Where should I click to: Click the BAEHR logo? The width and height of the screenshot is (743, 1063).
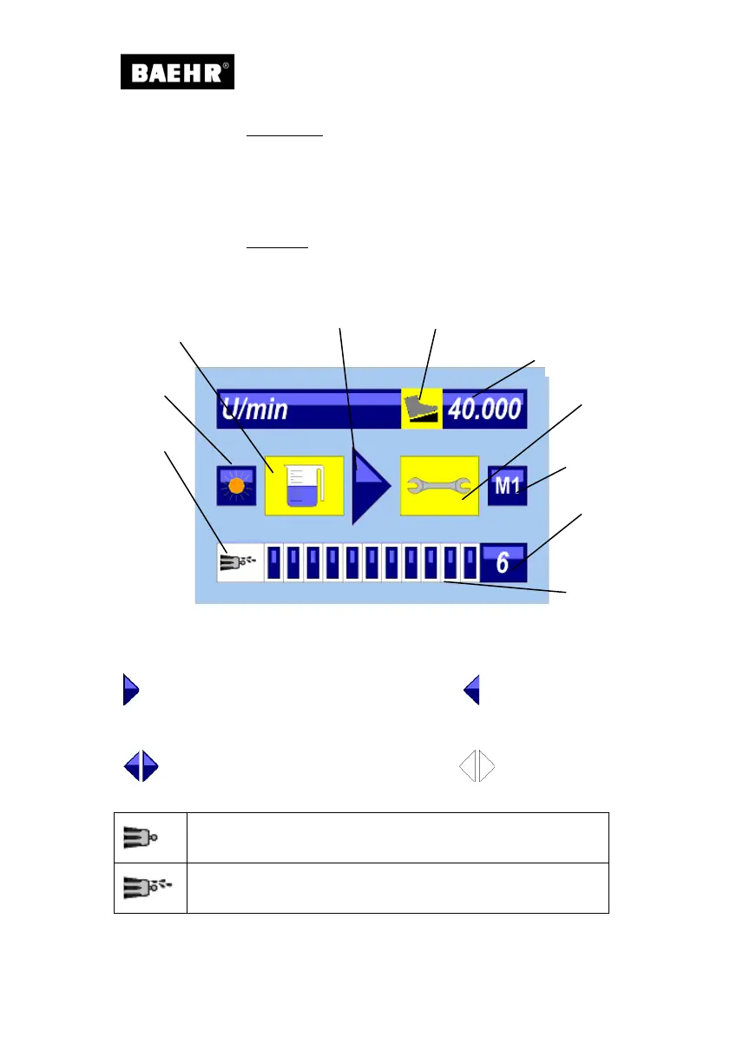tap(177, 73)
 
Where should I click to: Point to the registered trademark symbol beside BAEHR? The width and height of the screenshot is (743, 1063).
tap(227, 64)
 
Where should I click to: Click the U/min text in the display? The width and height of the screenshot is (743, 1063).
tap(255, 408)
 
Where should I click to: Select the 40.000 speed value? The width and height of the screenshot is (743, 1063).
tap(484, 408)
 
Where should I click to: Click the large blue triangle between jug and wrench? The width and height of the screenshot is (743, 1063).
tap(370, 486)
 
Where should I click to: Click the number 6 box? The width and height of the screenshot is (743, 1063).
tap(503, 562)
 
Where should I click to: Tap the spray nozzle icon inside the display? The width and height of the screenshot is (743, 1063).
tap(239, 562)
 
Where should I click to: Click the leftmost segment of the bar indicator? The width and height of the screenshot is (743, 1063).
tap(274, 562)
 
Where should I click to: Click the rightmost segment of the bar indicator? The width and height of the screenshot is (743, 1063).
tap(470, 562)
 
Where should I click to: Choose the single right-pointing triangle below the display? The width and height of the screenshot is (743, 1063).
tap(131, 689)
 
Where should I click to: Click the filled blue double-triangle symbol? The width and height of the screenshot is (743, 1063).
tap(141, 767)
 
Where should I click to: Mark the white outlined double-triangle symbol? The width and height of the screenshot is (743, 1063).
tap(477, 767)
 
